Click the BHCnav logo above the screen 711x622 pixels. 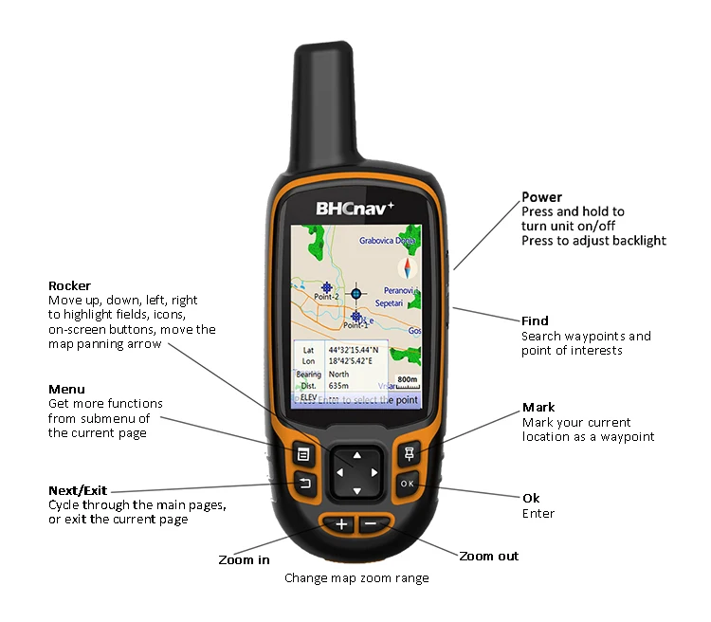point(355,206)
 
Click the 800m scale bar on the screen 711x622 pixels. point(408,381)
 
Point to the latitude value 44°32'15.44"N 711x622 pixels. point(355,350)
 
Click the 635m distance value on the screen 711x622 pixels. point(337,386)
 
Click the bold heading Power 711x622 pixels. point(541,197)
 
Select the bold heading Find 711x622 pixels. point(535,320)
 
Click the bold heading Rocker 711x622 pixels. point(69,285)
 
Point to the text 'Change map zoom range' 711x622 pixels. point(356,578)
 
